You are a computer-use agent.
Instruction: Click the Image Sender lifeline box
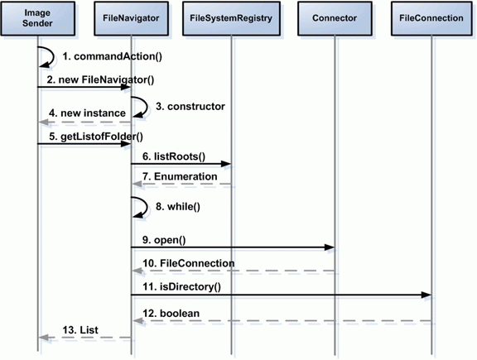pyautogui.click(x=38, y=18)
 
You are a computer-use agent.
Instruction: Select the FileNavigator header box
pyautogui.click(x=131, y=18)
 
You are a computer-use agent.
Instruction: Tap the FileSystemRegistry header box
pyautogui.click(x=231, y=18)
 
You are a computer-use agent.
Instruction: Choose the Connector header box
pyautogui.click(x=335, y=18)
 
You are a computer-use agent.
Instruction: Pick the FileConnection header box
pyautogui.click(x=431, y=18)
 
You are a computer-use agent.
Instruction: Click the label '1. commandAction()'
pyautogui.click(x=113, y=56)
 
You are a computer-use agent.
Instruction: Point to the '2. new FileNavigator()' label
pyautogui.click(x=100, y=80)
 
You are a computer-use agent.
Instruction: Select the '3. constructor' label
pyautogui.click(x=190, y=107)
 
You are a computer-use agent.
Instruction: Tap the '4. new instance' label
pyautogui.click(x=87, y=113)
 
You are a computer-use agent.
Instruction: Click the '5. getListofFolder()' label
pyautogui.click(x=96, y=137)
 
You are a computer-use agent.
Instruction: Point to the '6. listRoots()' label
pyautogui.click(x=174, y=156)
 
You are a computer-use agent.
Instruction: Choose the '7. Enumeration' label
pyautogui.click(x=180, y=176)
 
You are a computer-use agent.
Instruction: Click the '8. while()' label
pyautogui.click(x=178, y=207)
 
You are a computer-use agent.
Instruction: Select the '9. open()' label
pyautogui.click(x=164, y=240)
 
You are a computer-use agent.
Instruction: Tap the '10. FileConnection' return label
pyautogui.click(x=189, y=263)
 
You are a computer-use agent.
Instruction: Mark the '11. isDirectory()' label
pyautogui.click(x=182, y=286)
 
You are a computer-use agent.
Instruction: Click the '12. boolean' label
pyautogui.click(x=171, y=314)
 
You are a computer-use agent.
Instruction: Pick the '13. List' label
pyautogui.click(x=80, y=330)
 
